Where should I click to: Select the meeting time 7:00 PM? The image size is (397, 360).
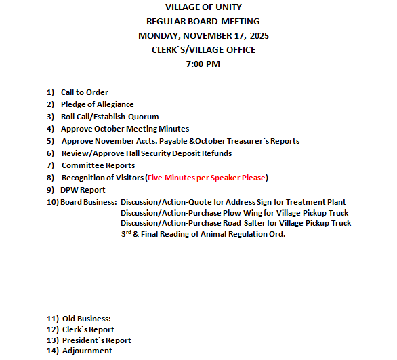(203, 64)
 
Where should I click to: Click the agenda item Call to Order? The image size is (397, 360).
(84, 92)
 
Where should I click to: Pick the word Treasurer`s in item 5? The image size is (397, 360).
(243, 141)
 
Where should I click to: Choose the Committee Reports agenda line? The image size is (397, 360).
(98, 165)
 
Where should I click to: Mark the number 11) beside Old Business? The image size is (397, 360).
(52, 319)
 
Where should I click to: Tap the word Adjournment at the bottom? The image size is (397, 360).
(87, 351)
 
